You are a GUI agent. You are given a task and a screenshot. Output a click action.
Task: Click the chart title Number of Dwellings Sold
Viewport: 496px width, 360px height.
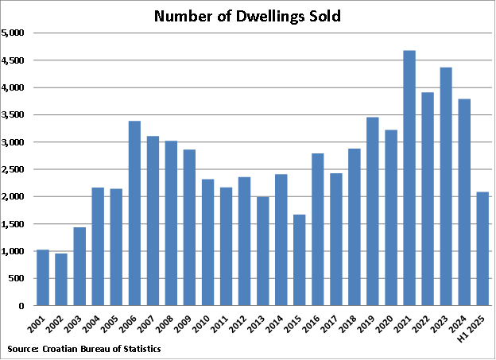(x=247, y=16)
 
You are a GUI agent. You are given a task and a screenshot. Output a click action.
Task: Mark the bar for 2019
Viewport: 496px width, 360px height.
(x=372, y=211)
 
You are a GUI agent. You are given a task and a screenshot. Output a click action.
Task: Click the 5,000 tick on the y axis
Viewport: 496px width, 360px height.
(x=15, y=33)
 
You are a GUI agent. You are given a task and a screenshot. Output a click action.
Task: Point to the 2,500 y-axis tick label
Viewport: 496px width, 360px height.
(x=15, y=170)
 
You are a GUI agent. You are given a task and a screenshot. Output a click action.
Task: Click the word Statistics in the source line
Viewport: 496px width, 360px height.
(x=139, y=349)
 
